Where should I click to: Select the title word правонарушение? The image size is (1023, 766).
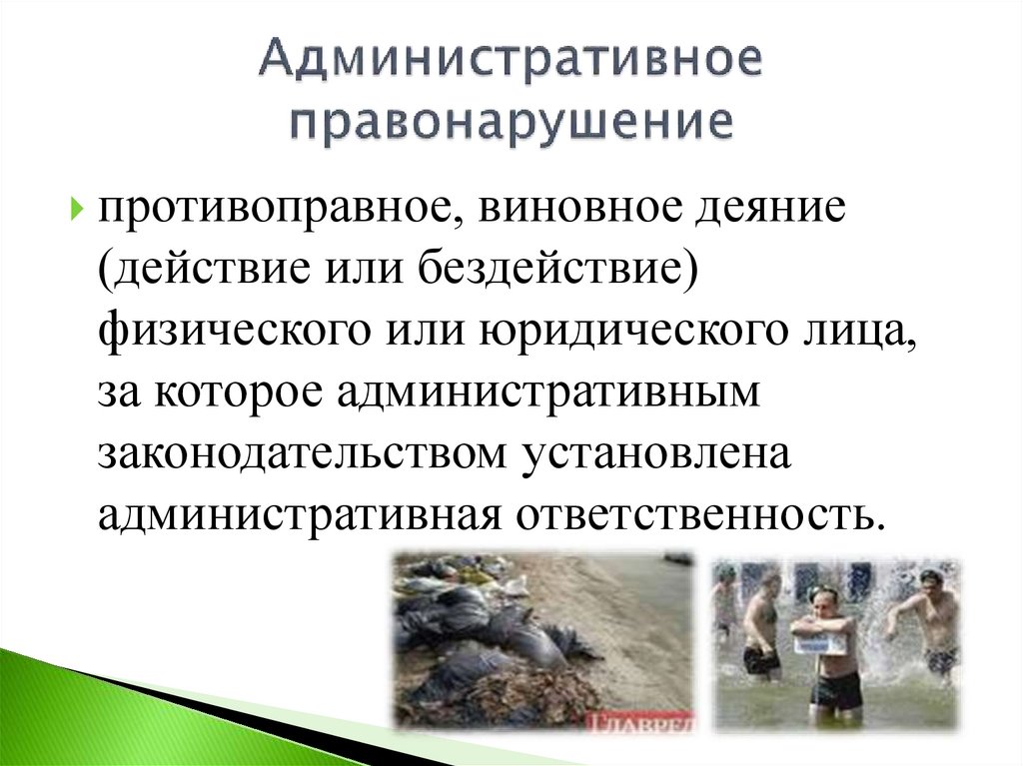click(511, 124)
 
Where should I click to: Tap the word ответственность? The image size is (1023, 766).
click(699, 513)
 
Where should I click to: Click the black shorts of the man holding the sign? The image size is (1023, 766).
click(832, 688)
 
